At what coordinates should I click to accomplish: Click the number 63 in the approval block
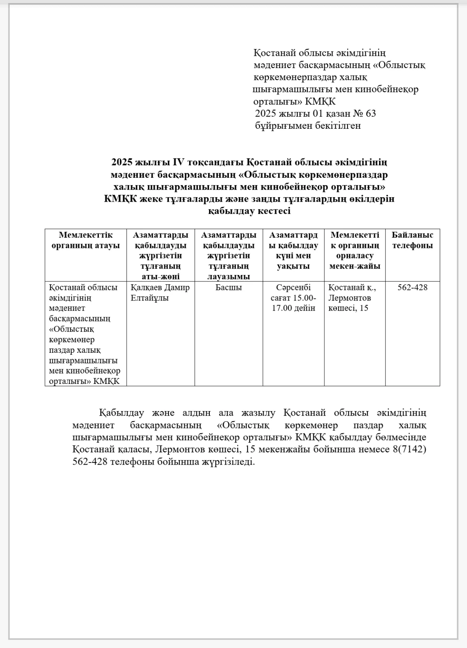[371, 113]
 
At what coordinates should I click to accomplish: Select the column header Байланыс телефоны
[412, 240]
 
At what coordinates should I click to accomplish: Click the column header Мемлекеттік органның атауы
[85, 240]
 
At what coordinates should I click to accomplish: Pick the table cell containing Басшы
[228, 288]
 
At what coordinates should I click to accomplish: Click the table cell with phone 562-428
[412, 288]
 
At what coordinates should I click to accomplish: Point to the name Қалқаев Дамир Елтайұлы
[160, 292]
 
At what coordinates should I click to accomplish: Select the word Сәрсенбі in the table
[293, 288]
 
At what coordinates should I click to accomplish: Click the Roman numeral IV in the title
[178, 162]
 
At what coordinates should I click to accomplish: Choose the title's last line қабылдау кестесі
[249, 211]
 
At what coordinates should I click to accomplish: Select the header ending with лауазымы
[228, 256]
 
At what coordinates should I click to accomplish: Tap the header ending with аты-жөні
[160, 256]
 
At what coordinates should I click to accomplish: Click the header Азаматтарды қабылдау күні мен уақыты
[293, 251]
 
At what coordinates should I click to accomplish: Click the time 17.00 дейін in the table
[293, 308]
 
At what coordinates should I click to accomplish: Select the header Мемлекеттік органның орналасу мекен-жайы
[354, 251]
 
